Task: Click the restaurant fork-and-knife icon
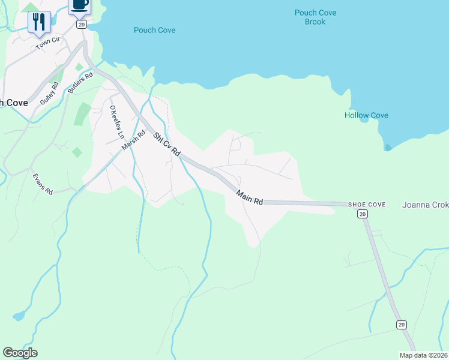pyautogui.click(x=39, y=22)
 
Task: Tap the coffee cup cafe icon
pyautogui.click(x=80, y=5)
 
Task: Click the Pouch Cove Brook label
pyautogui.click(x=315, y=17)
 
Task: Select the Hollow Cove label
pyautogui.click(x=366, y=115)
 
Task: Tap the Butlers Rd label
pyautogui.click(x=80, y=82)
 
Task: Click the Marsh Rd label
pyautogui.click(x=134, y=142)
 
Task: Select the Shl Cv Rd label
pyautogui.click(x=166, y=145)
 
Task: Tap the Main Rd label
pyautogui.click(x=249, y=197)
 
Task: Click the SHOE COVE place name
pyautogui.click(x=366, y=205)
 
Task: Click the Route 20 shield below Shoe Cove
pyautogui.click(x=361, y=214)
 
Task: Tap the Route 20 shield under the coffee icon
pyautogui.click(x=82, y=24)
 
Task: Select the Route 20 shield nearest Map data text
pyautogui.click(x=401, y=325)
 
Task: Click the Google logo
pyautogui.click(x=20, y=353)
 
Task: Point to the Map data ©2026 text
pyautogui.click(x=423, y=355)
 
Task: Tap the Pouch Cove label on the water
pyautogui.click(x=154, y=30)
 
